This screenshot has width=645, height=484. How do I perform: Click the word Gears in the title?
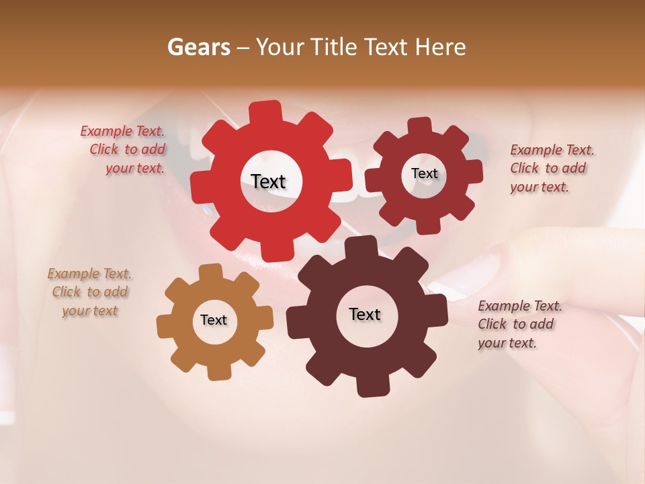tap(198, 47)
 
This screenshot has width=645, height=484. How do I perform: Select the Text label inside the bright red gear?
tap(268, 182)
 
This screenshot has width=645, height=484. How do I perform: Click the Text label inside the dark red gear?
tap(424, 173)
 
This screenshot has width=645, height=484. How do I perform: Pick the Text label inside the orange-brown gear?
tap(214, 320)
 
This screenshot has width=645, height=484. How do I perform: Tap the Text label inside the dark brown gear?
tap(365, 314)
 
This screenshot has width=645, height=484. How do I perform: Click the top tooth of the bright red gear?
tap(266, 111)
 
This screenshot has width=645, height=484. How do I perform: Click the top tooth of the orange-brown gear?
tap(211, 272)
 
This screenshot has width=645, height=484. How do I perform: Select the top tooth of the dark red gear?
tap(420, 125)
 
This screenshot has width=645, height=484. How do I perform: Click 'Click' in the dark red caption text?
tap(524, 168)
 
